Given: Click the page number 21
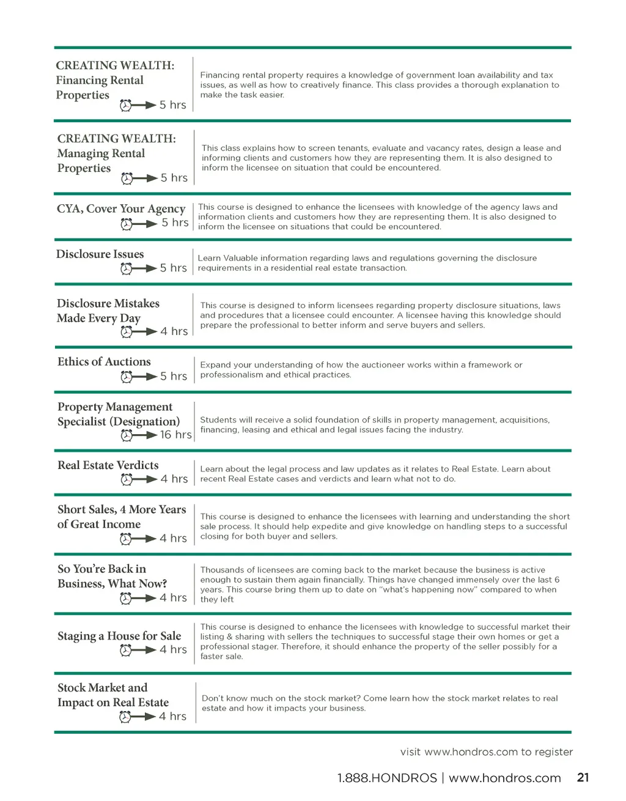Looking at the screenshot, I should (583, 777).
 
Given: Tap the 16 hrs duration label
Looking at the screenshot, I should (175, 435).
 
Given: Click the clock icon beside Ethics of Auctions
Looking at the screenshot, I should (127, 377).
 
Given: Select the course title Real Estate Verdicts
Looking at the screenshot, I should (108, 465).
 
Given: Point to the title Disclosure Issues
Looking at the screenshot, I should (100, 254).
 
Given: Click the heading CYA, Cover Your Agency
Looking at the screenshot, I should (120, 209).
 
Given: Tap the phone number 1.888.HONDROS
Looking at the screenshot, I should (386, 778).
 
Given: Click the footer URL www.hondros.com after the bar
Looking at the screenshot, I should (504, 778).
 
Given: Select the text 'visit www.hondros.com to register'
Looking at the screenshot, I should (486, 751).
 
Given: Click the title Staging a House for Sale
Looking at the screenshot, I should (119, 636).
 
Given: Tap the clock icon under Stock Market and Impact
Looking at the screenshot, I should (125, 717).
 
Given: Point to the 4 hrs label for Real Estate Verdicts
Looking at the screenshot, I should (174, 479).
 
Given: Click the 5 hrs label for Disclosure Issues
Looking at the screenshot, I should (173, 268).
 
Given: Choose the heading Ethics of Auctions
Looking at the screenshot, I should (104, 362).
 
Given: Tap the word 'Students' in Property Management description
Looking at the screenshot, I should (218, 420).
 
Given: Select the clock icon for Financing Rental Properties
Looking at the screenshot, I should (125, 105).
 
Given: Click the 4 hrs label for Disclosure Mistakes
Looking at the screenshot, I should (174, 331).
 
